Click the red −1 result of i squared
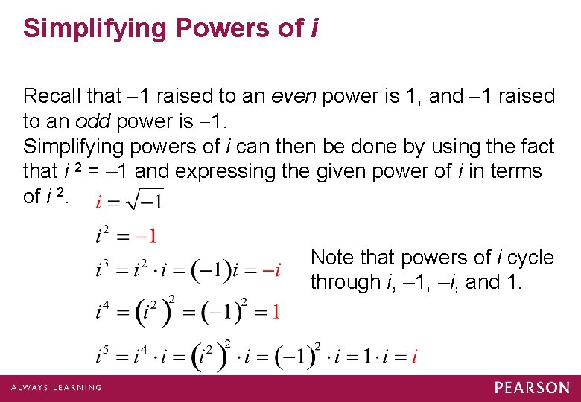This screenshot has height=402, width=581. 146,237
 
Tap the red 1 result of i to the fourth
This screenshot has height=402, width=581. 276,311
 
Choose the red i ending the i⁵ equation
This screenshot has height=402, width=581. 414,356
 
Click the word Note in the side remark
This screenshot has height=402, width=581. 331,258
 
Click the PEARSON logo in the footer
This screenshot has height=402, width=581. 532,387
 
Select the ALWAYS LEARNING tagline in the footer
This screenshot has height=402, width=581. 56,388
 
